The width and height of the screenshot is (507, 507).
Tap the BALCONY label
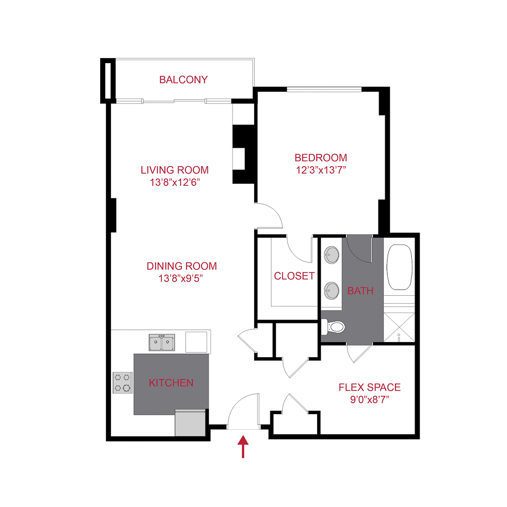tap(183, 80)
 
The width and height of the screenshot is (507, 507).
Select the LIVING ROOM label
tap(175, 170)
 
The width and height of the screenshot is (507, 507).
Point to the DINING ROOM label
tap(181, 266)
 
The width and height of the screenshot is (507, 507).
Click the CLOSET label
tap(294, 276)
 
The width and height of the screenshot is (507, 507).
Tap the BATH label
tap(361, 291)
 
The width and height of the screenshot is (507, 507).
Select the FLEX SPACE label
tap(370, 388)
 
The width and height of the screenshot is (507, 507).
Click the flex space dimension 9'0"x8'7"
tap(370, 399)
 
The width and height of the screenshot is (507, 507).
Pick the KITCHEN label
tap(171, 383)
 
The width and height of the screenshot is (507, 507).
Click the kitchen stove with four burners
tap(123, 383)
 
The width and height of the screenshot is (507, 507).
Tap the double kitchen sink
tap(162, 342)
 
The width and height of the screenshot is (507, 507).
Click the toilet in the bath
tap(335, 327)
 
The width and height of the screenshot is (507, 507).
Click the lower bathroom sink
tap(331, 291)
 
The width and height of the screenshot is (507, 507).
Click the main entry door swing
tap(243, 412)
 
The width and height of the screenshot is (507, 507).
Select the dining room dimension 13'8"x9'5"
tap(181, 278)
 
